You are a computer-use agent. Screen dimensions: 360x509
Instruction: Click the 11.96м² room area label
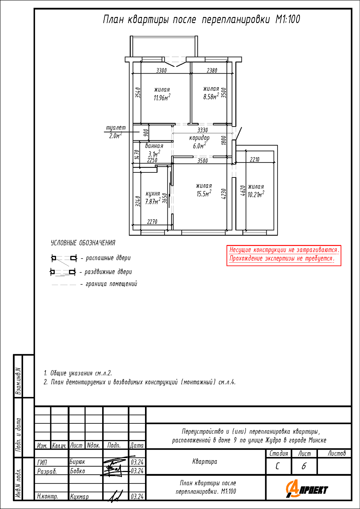point(162,97)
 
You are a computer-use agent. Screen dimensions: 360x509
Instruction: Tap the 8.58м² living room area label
point(211,96)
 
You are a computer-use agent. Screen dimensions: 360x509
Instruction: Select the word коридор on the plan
point(199,138)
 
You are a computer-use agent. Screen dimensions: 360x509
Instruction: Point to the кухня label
point(152,194)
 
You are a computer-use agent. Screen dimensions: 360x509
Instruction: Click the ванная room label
point(154,146)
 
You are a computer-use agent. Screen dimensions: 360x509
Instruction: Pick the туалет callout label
point(116,128)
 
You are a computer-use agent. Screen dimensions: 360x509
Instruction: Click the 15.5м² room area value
point(204,194)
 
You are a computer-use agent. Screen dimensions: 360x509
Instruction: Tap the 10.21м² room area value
point(256,194)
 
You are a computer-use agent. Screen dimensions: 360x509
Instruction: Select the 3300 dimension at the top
point(161,71)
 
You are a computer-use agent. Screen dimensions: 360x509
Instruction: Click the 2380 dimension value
point(212,71)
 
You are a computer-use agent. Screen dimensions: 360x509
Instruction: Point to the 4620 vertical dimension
point(243,191)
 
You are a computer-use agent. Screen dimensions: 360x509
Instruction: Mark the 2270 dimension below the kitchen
point(152,222)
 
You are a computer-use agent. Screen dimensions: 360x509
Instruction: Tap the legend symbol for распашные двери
point(64,259)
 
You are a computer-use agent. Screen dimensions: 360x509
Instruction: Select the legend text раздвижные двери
point(108,272)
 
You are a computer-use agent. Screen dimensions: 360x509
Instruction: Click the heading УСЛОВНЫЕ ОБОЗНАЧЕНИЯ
point(83,243)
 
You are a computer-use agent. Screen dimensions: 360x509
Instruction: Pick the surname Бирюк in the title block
point(77,462)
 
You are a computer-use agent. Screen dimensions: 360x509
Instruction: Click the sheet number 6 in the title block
point(304,466)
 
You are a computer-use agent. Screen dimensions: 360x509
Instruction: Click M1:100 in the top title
point(288,19)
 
